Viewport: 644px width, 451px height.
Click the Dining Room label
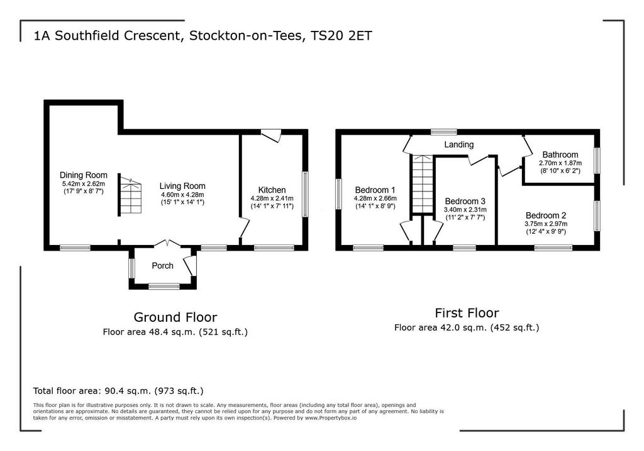[x=84, y=175]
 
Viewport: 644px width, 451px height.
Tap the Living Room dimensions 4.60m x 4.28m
[x=182, y=195]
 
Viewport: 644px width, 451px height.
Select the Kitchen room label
[x=272, y=190]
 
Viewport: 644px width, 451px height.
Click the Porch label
[x=163, y=266]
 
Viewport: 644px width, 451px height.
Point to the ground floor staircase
[x=130, y=195]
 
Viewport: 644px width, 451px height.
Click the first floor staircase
[x=423, y=184]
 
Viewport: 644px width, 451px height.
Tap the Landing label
[x=458, y=144]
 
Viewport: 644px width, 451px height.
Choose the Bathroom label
[x=560, y=155]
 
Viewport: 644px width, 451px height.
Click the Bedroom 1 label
[x=375, y=190]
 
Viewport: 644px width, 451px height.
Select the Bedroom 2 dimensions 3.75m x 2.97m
[x=546, y=224]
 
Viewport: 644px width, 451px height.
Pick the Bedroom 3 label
[x=465, y=201]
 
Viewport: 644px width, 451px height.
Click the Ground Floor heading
[x=175, y=317]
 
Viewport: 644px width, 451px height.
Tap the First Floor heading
[x=467, y=313]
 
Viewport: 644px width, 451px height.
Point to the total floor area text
[x=118, y=391]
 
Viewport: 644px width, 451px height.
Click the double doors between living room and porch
[x=167, y=244]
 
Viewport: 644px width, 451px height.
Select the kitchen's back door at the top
[x=271, y=136]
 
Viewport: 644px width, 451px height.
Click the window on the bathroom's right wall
[x=597, y=161]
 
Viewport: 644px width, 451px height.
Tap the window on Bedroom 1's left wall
[x=338, y=193]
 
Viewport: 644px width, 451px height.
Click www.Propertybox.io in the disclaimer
[x=331, y=418]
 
